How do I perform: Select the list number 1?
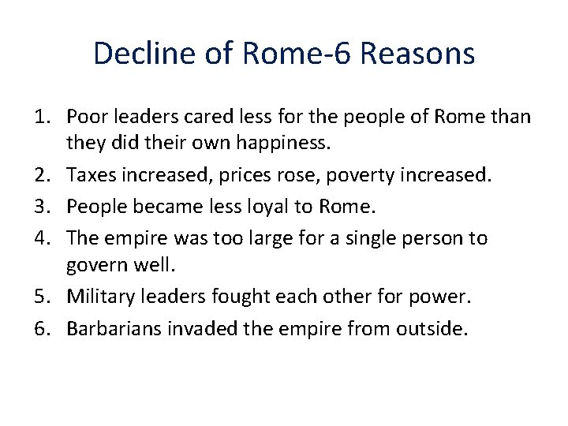pyautogui.click(x=43, y=118)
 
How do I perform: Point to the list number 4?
pyautogui.click(x=43, y=237)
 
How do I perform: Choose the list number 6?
pyautogui.click(x=43, y=327)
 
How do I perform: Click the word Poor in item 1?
pyautogui.click(x=85, y=118)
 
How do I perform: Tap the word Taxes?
pyautogui.click(x=89, y=177)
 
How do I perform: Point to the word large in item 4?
pyautogui.click(x=287, y=237)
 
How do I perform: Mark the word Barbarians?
pyautogui.click(x=114, y=327)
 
